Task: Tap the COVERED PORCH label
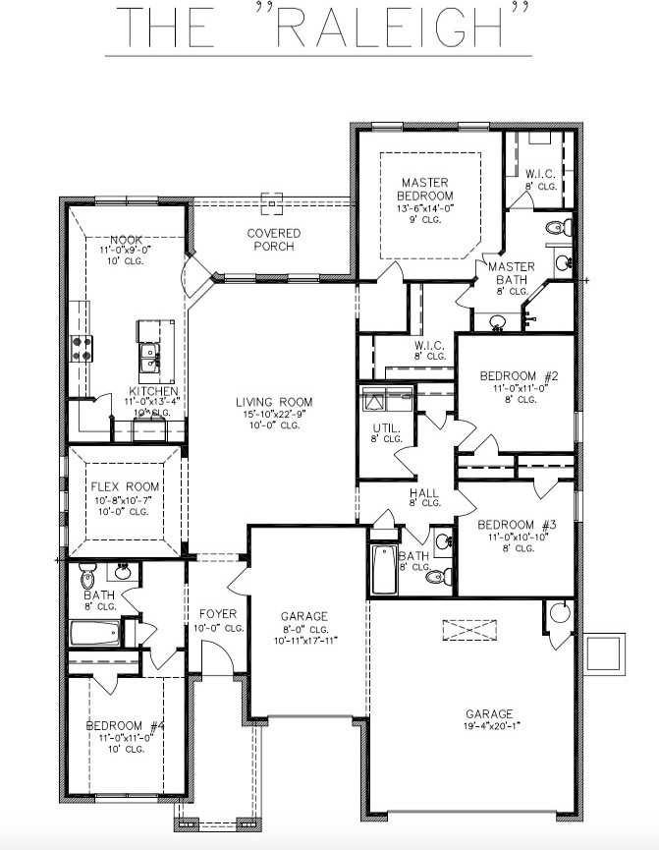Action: point(274,239)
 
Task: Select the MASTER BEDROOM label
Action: point(424,189)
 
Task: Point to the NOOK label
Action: point(127,240)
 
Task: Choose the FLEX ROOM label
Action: point(120,486)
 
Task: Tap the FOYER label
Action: point(218,614)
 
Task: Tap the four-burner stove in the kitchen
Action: point(81,347)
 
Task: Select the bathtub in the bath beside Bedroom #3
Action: point(384,570)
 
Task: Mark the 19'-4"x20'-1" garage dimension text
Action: point(490,728)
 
